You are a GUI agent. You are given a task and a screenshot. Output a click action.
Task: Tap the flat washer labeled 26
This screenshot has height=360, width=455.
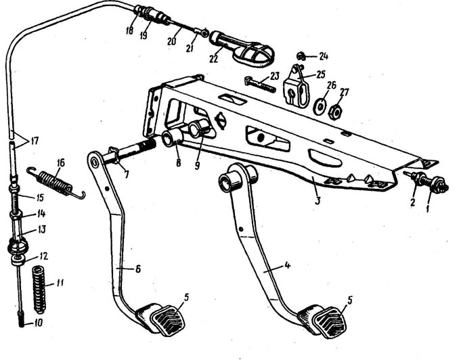[x=320, y=106]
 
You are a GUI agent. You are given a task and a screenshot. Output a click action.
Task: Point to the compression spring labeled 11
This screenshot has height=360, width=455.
[x=40, y=290]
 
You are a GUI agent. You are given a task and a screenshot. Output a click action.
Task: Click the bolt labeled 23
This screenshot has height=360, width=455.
[x=260, y=85]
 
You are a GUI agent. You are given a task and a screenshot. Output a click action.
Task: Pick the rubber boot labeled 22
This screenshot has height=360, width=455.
[x=242, y=49]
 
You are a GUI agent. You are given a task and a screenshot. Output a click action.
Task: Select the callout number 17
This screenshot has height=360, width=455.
[x=35, y=141]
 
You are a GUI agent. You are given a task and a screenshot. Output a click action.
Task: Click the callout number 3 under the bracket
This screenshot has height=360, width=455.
[x=318, y=200]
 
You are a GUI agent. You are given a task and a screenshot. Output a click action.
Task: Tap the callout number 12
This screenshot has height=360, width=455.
[x=43, y=256]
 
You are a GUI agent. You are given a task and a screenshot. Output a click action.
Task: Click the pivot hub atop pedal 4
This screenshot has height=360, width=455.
[x=237, y=179]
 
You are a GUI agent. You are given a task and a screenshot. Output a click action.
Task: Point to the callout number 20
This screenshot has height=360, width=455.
[x=172, y=41]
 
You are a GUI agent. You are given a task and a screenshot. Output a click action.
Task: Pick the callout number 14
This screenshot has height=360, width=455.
[x=41, y=214]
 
